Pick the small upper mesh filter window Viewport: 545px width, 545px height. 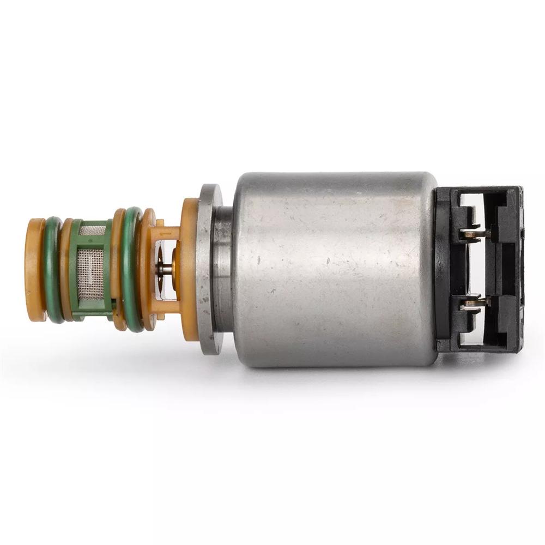tap(90, 231)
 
